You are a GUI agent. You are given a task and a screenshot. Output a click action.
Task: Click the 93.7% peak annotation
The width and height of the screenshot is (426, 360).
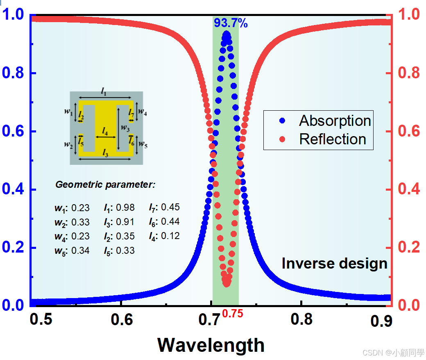(x=231, y=23)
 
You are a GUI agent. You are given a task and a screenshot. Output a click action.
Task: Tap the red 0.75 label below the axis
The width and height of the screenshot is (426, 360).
(x=233, y=314)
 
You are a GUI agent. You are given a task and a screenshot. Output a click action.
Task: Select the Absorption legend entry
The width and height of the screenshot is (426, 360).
(x=335, y=121)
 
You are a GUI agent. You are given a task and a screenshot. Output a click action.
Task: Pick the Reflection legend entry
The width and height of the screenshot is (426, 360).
(x=332, y=139)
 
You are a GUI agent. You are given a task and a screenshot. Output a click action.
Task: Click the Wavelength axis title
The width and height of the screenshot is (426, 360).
(x=211, y=345)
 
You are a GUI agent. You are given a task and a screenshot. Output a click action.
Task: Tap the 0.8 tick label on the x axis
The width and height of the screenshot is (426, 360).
(x=302, y=319)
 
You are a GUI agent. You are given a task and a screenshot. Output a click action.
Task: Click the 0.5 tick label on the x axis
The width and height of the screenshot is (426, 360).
(x=41, y=319)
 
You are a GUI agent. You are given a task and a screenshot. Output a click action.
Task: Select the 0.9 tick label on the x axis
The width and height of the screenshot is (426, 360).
(x=382, y=321)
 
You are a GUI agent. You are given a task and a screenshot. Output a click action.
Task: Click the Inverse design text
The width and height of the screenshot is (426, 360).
(x=334, y=263)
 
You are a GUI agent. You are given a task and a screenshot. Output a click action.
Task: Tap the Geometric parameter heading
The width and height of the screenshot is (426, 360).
(x=105, y=185)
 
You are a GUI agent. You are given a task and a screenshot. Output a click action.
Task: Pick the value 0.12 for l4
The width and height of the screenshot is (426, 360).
(x=170, y=236)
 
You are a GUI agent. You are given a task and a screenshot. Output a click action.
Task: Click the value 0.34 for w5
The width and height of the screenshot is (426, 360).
(x=80, y=251)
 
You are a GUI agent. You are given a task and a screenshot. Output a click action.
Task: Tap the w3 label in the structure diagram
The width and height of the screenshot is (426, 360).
(x=125, y=128)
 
